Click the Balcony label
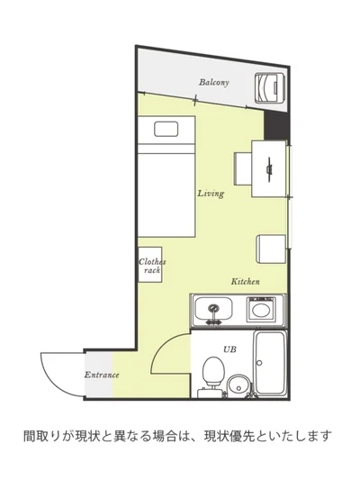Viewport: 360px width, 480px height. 214,82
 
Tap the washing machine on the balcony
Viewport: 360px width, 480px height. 270,88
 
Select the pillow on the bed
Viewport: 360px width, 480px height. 166,129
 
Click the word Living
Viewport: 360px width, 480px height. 211,194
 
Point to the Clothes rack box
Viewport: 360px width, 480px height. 150,265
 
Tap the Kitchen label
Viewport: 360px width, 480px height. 246,281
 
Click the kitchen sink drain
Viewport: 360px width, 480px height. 213,308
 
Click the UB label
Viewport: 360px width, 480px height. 229,349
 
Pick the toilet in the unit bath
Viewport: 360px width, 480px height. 213,375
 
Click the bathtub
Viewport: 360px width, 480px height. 270,363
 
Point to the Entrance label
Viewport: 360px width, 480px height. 102,375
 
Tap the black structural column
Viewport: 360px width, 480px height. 276,124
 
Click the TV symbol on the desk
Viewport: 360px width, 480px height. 269,169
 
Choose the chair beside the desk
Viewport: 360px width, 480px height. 243,168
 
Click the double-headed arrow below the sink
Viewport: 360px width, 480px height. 213,322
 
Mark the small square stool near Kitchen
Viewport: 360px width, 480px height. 271,249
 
